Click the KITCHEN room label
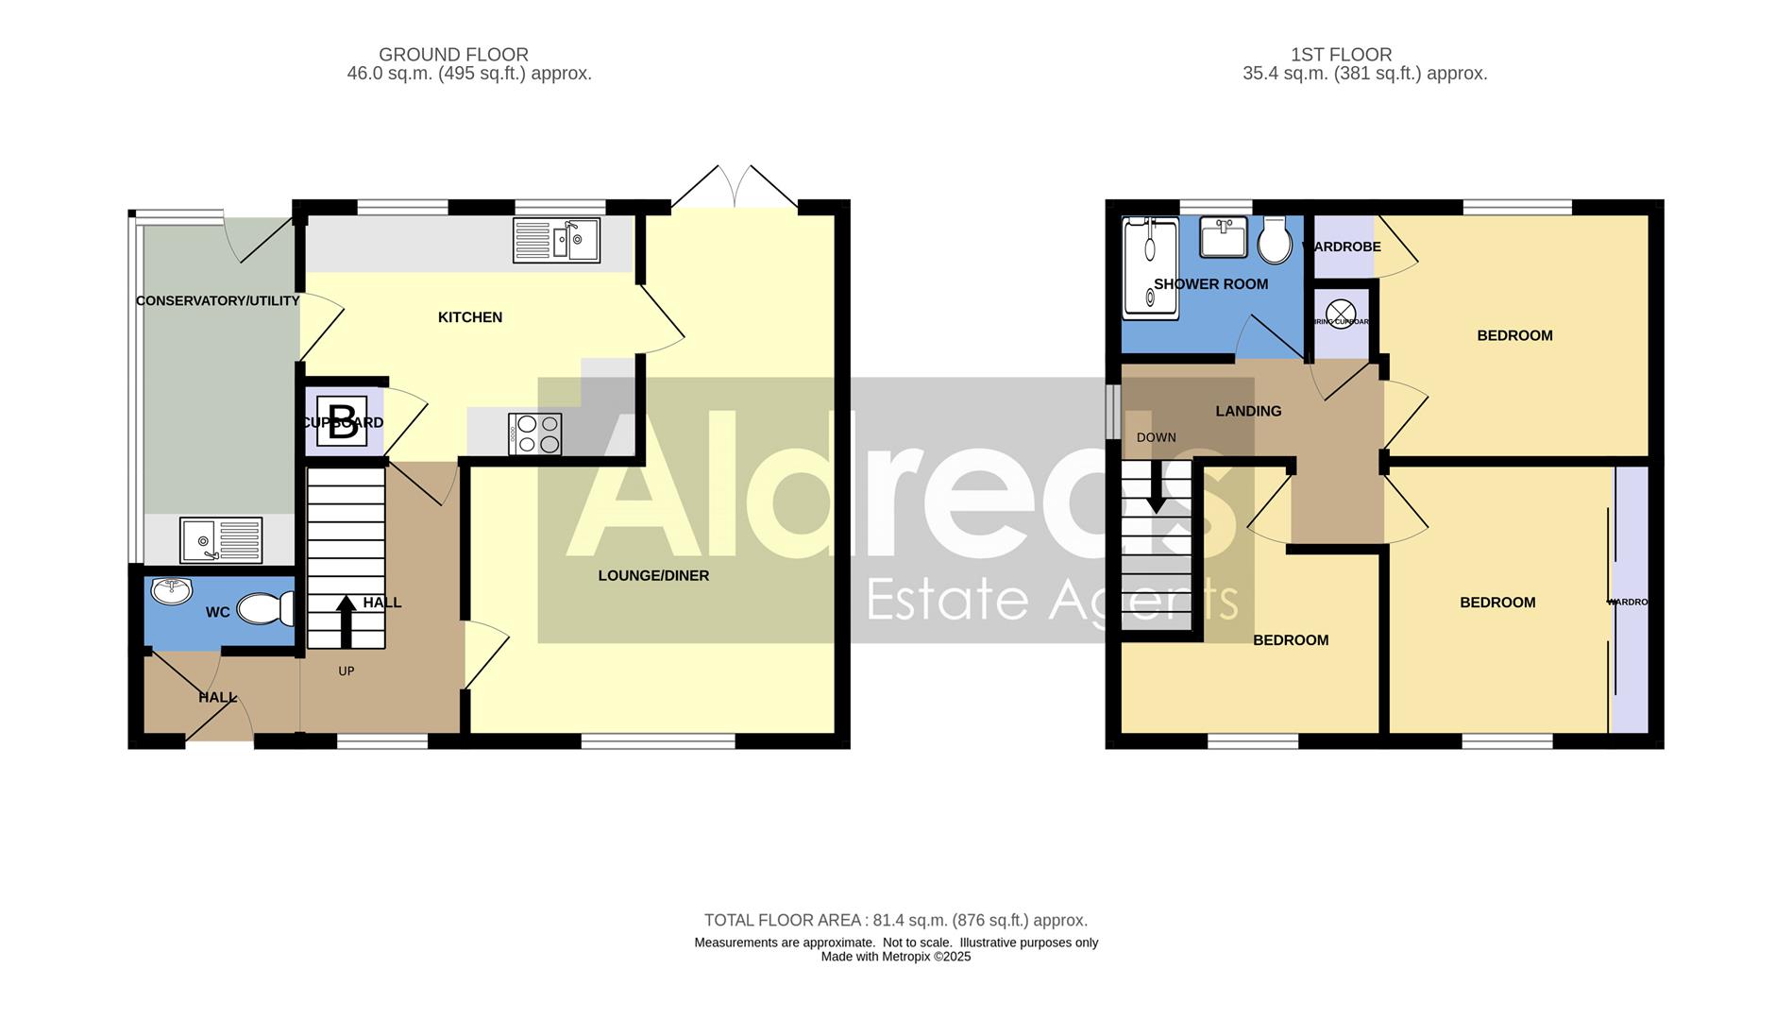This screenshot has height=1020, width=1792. pyautogui.click(x=470, y=317)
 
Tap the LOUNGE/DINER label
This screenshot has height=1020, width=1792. pyautogui.click(x=653, y=576)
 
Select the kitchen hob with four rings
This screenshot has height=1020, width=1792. pyautogui.click(x=535, y=434)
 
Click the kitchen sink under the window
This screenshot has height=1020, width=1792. pyautogui.click(x=556, y=240)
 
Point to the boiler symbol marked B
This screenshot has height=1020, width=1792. pyautogui.click(x=343, y=421)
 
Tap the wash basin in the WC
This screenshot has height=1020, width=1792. pyautogui.click(x=171, y=591)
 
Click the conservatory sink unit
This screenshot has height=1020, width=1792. pyautogui.click(x=221, y=540)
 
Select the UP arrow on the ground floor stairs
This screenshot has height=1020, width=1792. pyautogui.click(x=347, y=620)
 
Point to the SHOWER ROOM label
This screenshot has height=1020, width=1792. pyautogui.click(x=1210, y=284)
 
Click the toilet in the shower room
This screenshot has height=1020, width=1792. pyautogui.click(x=1275, y=242)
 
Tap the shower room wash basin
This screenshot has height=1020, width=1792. pyautogui.click(x=1224, y=237)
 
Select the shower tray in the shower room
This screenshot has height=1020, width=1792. pyautogui.click(x=1149, y=267)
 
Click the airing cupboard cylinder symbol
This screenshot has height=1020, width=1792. pyautogui.click(x=1341, y=314)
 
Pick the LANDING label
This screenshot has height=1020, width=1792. pyautogui.click(x=1248, y=411)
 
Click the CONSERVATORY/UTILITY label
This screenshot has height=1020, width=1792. pyautogui.click(x=217, y=301)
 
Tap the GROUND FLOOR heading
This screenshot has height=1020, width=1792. pyautogui.click(x=453, y=55)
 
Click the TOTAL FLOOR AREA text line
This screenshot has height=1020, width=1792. pyautogui.click(x=895, y=920)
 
